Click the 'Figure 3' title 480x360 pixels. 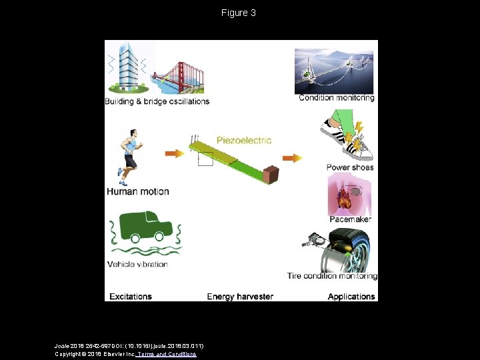pyautogui.click(x=239, y=13)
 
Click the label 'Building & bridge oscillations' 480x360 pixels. pyautogui.click(x=157, y=101)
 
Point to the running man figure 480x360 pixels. pyautogui.click(x=129, y=157)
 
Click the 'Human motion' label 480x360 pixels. pyautogui.click(x=138, y=191)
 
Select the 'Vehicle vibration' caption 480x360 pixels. pyautogui.click(x=137, y=264)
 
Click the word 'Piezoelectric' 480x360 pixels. pyautogui.click(x=244, y=140)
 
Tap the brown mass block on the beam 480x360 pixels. pyautogui.click(x=271, y=175)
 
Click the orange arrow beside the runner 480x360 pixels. pyautogui.click(x=175, y=154)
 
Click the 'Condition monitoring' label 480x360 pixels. pyautogui.click(x=337, y=98)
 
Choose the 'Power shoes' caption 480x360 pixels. pyautogui.click(x=350, y=167)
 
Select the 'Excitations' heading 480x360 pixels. pyautogui.click(x=131, y=297)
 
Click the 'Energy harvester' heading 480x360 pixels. pyautogui.click(x=240, y=297)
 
